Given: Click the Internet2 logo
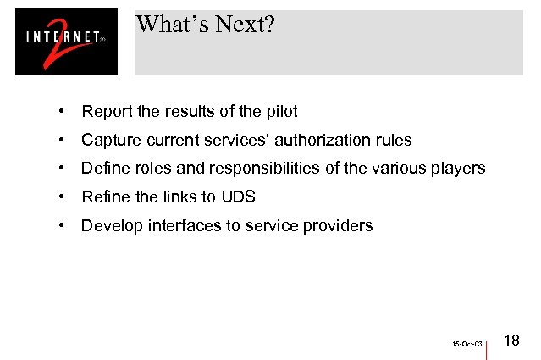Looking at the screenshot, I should point(66,42).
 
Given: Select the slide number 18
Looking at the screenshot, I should point(511,341).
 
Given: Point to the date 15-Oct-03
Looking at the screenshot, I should point(466,345).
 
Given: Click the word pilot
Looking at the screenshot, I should point(281,111).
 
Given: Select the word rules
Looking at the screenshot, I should point(394,140).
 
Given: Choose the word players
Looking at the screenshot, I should point(459,169).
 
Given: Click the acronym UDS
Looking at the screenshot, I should point(238,197).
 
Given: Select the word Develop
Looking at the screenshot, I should point(111,226).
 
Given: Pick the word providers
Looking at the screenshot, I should point(340,226).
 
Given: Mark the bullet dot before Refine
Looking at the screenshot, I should point(63,197).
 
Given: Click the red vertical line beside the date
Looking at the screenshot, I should point(489,346).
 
